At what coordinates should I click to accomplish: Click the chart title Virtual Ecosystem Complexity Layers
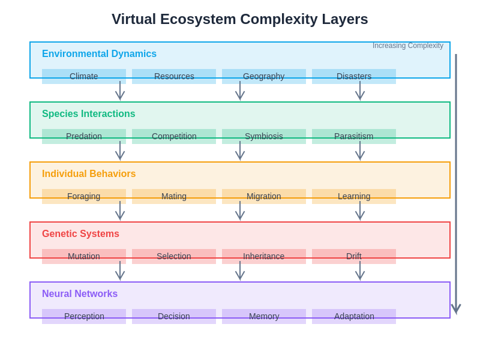[x=240, y=19]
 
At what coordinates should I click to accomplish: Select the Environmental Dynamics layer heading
[x=99, y=54]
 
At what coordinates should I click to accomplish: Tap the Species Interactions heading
[x=88, y=114]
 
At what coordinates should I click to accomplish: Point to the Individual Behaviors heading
[x=89, y=174]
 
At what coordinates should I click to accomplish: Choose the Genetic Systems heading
[x=80, y=234]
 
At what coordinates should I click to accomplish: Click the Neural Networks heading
[x=80, y=294]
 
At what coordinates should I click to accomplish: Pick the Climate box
[x=84, y=76]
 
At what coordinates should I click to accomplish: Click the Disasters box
[x=354, y=76]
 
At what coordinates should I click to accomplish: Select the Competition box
[x=174, y=136]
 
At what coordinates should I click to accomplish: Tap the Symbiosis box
[x=264, y=136]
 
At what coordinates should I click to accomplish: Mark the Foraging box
[x=84, y=196]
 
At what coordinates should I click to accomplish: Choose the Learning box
[x=354, y=196]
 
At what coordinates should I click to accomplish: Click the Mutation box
[x=84, y=256]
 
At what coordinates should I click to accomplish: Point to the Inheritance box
[x=264, y=256]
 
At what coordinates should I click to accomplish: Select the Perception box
[x=84, y=316]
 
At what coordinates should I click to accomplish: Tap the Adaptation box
[x=354, y=316]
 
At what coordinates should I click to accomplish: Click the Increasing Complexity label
[x=408, y=46]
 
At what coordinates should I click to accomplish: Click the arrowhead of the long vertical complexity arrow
[x=456, y=309]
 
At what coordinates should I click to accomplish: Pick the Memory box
[x=264, y=316]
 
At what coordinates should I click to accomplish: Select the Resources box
[x=174, y=76]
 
